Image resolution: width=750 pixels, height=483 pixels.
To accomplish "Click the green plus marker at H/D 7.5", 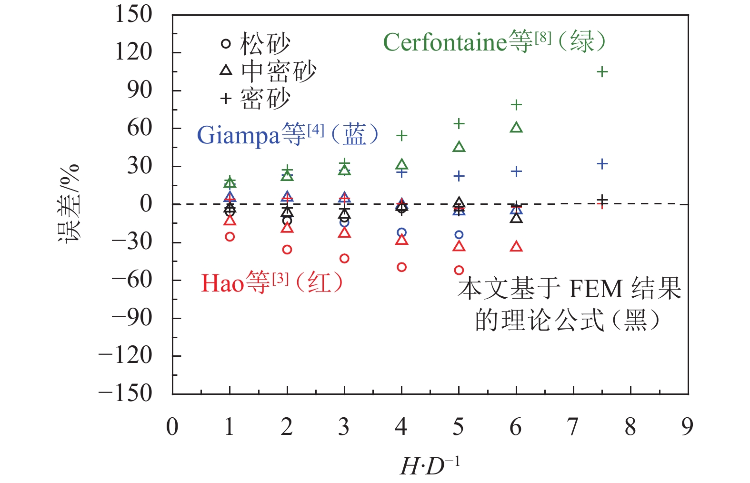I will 602,72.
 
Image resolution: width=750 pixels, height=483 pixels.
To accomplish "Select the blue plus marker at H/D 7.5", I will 602,164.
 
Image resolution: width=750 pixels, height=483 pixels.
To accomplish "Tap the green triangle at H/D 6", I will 516,128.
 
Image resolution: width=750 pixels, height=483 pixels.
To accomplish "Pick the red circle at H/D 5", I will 459,270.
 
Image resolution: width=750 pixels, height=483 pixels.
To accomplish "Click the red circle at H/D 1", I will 230,237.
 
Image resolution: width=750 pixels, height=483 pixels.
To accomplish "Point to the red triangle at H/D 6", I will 516,247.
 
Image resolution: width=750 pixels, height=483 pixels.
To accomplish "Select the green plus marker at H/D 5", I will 459,124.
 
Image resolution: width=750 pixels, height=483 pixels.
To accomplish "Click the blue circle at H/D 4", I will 402,233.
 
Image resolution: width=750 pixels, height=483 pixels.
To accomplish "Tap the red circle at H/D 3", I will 344,259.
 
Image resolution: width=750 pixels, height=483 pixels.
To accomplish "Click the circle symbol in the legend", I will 226,44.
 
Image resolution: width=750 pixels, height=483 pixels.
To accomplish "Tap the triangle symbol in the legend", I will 226,70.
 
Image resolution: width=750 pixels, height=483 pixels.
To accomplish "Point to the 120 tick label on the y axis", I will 133,51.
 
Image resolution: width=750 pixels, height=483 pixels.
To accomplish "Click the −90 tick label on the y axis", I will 131,317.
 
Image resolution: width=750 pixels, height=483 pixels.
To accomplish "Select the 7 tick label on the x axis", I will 573,427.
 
